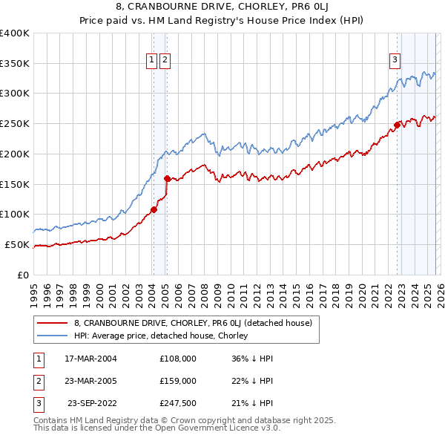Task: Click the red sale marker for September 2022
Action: [397, 124]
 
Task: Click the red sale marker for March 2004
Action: [154, 209]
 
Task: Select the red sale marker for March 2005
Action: [167, 178]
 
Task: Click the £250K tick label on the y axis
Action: [15, 123]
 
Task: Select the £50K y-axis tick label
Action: [17, 244]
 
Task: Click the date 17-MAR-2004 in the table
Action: [90, 358]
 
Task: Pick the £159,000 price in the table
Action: [178, 380]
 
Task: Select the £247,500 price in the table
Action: [178, 402]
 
